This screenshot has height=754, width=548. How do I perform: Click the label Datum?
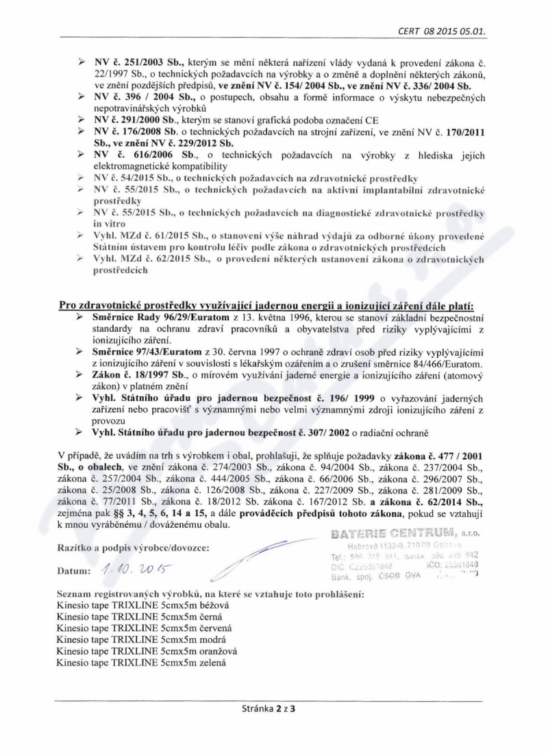pyautogui.click(x=75, y=571)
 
